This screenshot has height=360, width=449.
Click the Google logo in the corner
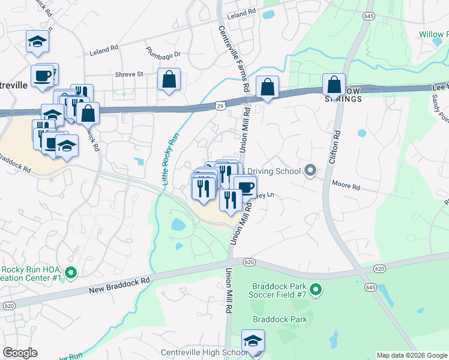(20, 353)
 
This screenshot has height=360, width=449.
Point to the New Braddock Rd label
(119, 286)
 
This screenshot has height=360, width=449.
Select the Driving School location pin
(310, 171)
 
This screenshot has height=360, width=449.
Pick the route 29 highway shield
(220, 106)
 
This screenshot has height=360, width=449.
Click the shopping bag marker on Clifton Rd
(334, 85)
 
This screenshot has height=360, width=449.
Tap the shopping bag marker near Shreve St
(169, 80)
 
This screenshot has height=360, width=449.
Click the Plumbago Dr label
(163, 54)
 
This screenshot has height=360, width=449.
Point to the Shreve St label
(129, 74)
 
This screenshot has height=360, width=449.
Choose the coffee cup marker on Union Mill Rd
(244, 187)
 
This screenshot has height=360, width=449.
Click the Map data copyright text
(411, 355)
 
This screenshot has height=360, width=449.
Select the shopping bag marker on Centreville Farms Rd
(267, 87)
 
